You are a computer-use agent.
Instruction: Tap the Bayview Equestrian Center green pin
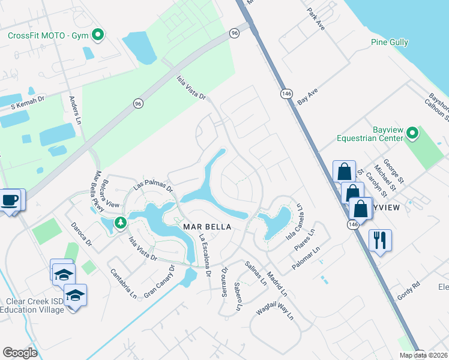click(412, 133)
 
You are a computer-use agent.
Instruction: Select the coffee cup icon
click(10, 200)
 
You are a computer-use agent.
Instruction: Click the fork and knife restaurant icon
click(379, 241)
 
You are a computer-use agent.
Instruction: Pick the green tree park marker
click(120, 223)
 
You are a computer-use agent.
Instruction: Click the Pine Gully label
click(390, 43)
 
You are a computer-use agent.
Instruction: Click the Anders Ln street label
click(76, 110)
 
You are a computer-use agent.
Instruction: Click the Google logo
click(20, 353)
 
